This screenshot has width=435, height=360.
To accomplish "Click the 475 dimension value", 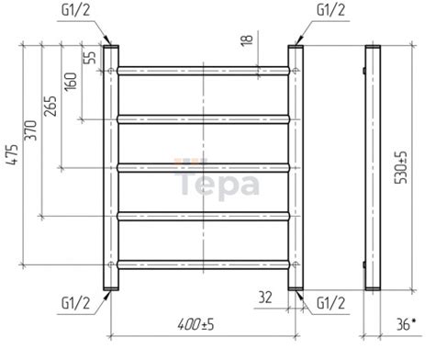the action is tap(13, 155).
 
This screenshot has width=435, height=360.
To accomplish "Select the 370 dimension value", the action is tap(31, 130).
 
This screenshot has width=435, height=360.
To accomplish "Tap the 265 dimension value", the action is tap(50, 107).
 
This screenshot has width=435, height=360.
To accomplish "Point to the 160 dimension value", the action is tap(70, 82).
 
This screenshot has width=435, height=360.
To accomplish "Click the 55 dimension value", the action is tap(90, 57).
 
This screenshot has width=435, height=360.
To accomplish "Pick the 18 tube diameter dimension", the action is tap(247, 39).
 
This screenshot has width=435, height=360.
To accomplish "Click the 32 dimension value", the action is tap(265, 297).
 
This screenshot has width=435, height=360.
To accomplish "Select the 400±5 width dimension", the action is tap(195, 324).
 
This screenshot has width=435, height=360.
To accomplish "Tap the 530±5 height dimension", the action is tap(401, 167).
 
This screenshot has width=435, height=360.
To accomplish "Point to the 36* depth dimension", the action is tap(407, 324).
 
